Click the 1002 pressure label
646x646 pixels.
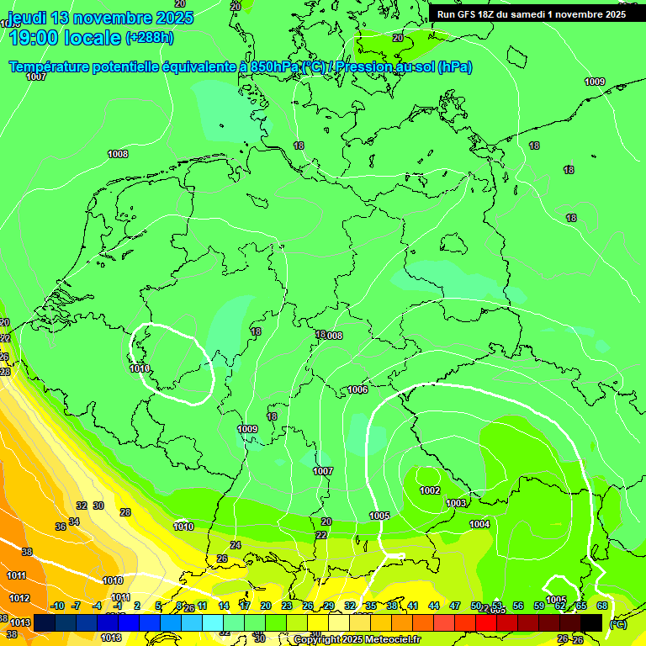coord(430,490)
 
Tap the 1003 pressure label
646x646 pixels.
coord(456,503)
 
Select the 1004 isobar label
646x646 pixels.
coord(479,524)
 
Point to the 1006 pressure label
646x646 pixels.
coord(357,389)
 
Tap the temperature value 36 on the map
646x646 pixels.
coord(61,527)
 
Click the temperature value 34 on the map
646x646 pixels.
coord(74,522)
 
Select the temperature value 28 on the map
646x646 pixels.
coord(125,512)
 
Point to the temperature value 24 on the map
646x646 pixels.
coord(236,545)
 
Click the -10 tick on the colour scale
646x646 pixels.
coord(57,606)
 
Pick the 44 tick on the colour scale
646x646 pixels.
coord(434,606)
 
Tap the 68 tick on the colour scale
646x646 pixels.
coord(602,606)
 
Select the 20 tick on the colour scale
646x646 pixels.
coord(265,606)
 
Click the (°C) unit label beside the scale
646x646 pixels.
coord(617,624)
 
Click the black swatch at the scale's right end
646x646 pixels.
coord(591,622)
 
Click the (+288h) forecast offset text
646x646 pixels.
coord(150,37)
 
